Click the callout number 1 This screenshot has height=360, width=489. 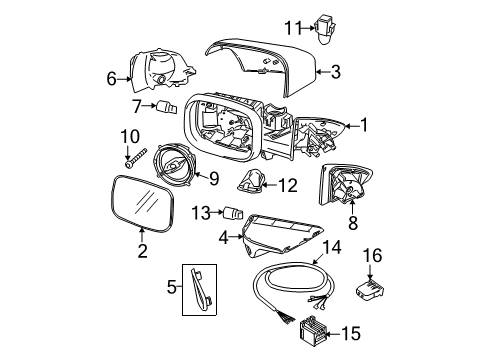click(x=365, y=125)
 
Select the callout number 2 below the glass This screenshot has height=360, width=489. click(x=142, y=251)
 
